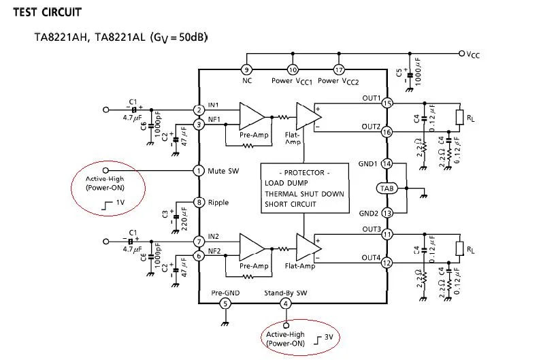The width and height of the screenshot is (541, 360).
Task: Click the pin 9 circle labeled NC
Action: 247,69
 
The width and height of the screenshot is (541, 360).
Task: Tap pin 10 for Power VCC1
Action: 293,69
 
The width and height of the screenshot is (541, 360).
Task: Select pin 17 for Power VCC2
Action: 339,69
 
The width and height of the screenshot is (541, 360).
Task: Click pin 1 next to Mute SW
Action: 199,171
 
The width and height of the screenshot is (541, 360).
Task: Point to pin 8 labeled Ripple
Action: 199,202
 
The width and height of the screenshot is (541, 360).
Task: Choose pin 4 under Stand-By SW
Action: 286,304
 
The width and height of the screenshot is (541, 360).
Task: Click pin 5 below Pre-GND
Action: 225,304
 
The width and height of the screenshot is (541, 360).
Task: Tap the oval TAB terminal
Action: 387,188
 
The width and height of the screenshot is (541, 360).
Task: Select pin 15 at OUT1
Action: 387,103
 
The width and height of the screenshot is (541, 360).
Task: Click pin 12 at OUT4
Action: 387,263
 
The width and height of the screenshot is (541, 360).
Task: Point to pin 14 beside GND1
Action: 387,164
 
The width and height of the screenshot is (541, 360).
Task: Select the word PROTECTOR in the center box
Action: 304,173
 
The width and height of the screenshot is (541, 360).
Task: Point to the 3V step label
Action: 327,336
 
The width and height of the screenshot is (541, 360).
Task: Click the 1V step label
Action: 116,203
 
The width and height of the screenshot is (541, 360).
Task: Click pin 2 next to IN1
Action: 199,110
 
